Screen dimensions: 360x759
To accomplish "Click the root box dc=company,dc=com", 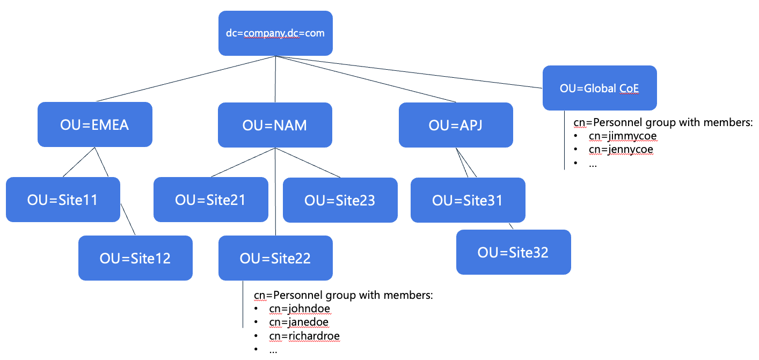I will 275,33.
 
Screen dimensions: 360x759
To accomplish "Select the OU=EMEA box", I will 94,124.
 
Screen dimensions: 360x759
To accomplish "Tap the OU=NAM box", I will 275,125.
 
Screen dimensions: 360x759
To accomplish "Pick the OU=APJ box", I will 456,125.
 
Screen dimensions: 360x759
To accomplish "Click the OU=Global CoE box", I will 600,88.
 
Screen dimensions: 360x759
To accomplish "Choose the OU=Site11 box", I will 63,200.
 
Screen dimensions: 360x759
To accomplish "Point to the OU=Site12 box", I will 135,258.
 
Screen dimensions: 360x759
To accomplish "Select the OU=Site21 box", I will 210,200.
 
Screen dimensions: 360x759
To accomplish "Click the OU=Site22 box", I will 275,258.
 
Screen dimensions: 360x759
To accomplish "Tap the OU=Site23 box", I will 340,200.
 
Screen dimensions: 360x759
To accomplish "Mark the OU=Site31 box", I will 468,200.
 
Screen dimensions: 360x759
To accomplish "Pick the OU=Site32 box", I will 513,252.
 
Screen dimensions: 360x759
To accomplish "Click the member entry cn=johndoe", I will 300,308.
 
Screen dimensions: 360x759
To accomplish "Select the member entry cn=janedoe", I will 299,322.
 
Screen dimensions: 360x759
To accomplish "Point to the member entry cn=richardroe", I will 304,336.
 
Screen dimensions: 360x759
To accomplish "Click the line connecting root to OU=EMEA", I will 185,78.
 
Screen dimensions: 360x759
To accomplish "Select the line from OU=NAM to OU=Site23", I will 308,163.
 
